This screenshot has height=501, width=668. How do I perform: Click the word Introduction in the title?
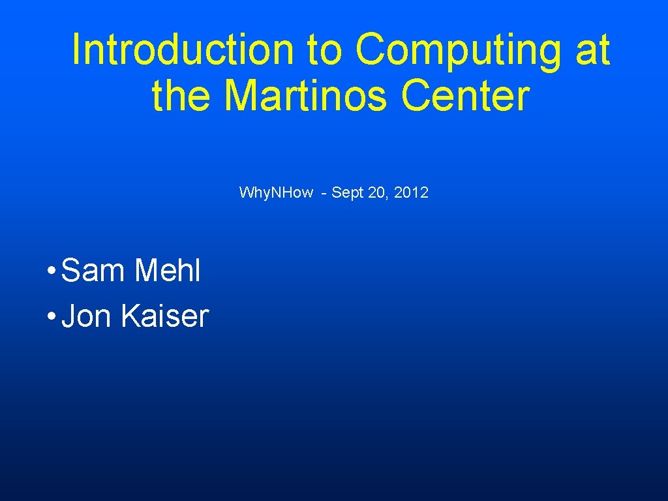tap(182, 50)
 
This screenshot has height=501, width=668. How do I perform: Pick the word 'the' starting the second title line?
tap(181, 95)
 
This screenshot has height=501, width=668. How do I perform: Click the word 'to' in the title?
tap(324, 51)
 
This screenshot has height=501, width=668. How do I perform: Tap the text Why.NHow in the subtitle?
tap(276, 192)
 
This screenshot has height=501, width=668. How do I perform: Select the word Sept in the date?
tap(347, 192)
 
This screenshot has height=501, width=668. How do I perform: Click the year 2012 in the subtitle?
tap(411, 192)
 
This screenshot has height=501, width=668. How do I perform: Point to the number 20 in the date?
tap(377, 192)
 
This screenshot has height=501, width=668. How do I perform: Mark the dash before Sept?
tap(324, 193)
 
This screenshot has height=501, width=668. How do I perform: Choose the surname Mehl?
tap(167, 271)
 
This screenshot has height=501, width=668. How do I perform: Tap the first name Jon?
tap(87, 316)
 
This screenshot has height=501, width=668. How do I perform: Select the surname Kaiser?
tap(164, 316)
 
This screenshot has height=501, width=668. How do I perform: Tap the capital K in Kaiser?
tap(129, 316)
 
